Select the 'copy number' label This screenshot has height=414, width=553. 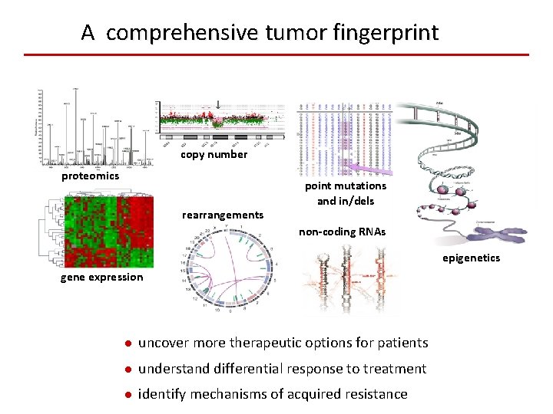(214, 155)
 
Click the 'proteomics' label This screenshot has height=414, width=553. (91, 176)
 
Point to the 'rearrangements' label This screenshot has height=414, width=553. (223, 215)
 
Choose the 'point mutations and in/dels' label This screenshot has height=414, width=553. (346, 193)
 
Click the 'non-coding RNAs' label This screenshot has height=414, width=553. (343, 232)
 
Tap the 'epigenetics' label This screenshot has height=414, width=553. (471, 258)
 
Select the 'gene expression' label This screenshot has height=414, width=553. (102, 277)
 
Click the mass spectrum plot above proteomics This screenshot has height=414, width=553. (92, 127)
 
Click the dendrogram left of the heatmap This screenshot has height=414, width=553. (55, 230)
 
